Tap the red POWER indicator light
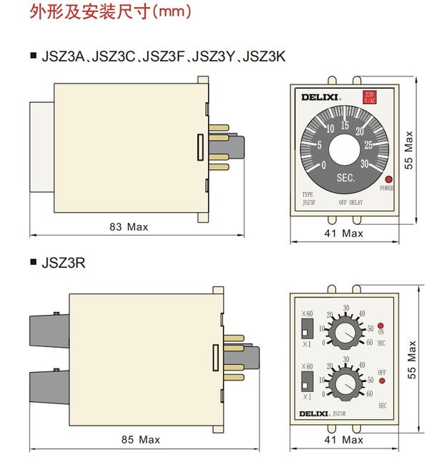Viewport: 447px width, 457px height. coord(388,179)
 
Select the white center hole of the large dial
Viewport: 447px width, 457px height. coord(345,151)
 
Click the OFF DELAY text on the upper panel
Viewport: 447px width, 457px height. coord(353,202)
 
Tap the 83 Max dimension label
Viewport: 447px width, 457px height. coord(129,227)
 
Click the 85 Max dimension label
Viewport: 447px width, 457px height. coord(139,439)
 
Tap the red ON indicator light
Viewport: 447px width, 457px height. coord(381,323)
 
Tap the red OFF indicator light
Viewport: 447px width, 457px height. coord(381,381)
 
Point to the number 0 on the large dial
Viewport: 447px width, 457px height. coord(325,165)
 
